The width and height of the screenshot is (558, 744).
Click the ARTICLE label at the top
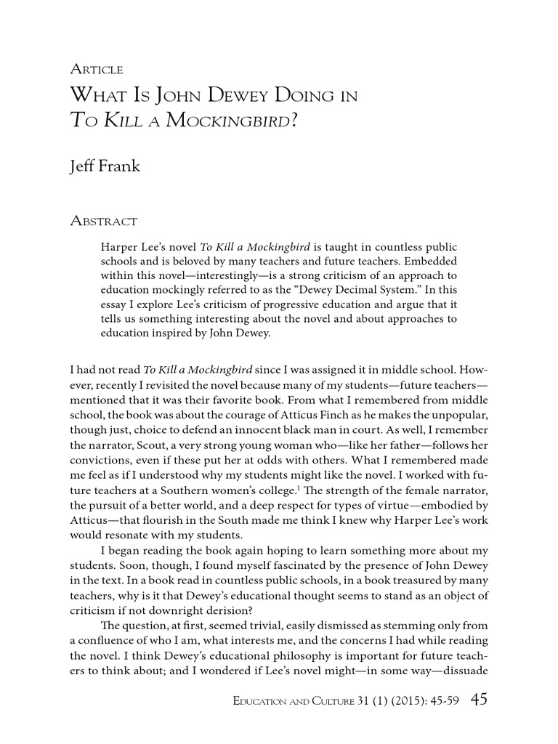[x=97, y=70]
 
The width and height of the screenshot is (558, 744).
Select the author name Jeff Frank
[x=105, y=167]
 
